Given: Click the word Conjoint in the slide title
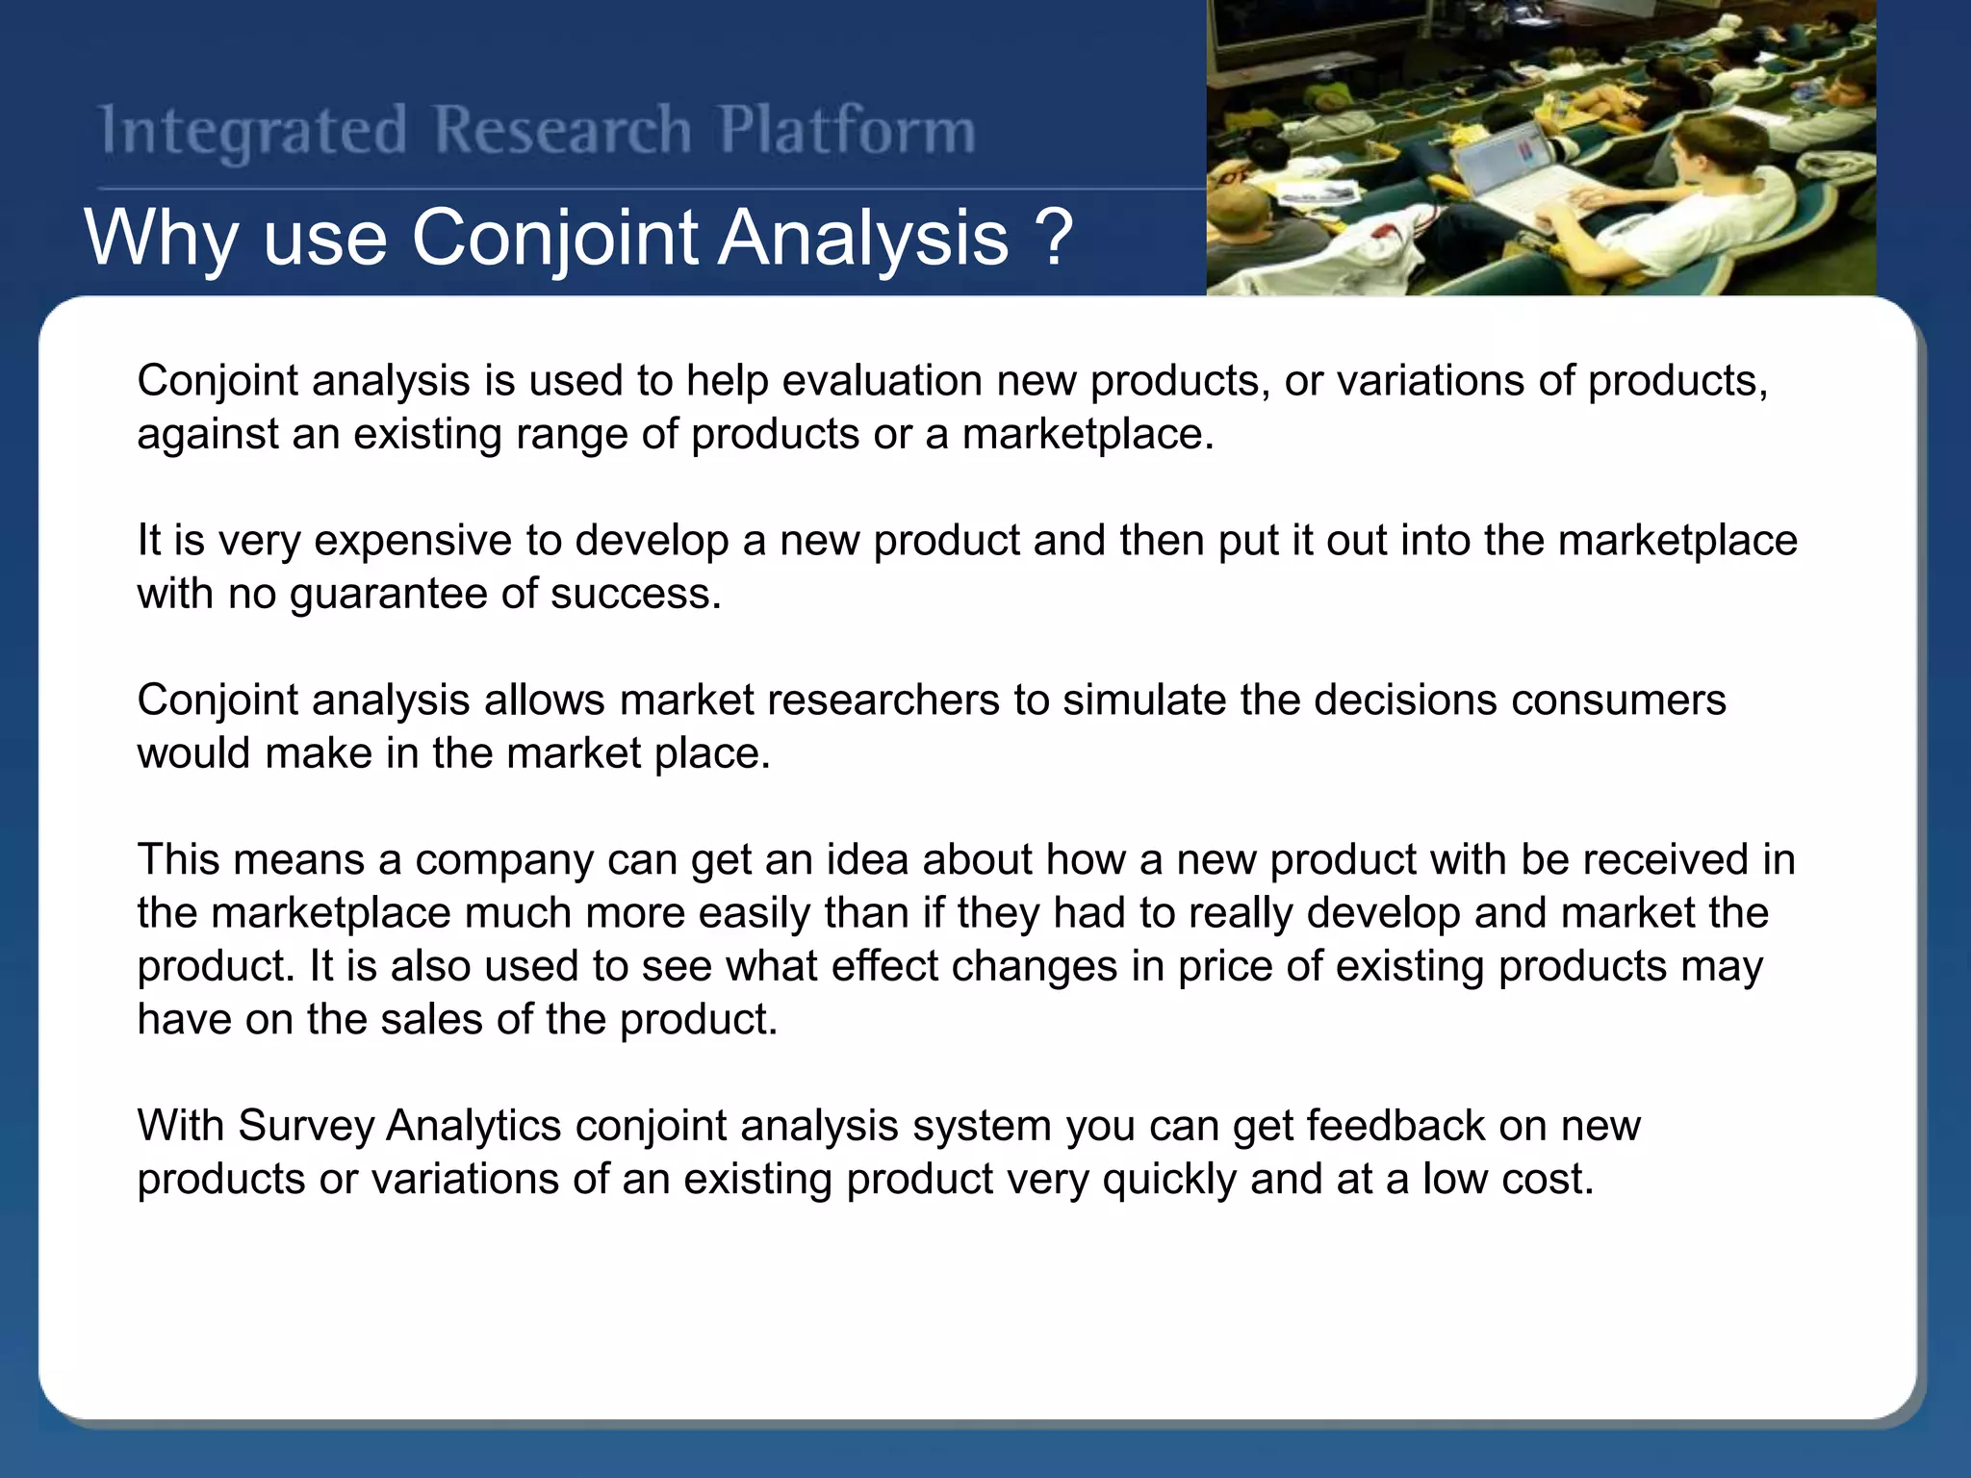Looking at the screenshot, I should point(553,238).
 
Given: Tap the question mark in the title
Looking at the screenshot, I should point(1055,238).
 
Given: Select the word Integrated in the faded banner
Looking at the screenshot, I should point(253,132).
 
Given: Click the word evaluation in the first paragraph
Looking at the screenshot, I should point(882,381).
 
